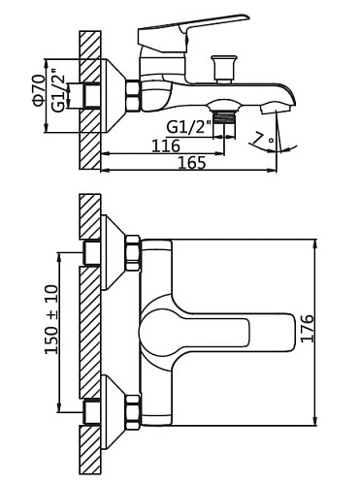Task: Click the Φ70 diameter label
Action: pyautogui.click(x=38, y=90)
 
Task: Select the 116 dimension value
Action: pyautogui.click(x=166, y=145)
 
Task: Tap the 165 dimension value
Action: pyautogui.click(x=192, y=162)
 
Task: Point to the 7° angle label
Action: pyautogui.click(x=262, y=139)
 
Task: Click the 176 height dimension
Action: pyautogui.click(x=307, y=328)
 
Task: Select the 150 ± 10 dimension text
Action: pyautogui.click(x=51, y=319)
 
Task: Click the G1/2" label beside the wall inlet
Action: pyautogui.click(x=58, y=90)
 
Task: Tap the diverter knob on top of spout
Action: pyautogui.click(x=223, y=68)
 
